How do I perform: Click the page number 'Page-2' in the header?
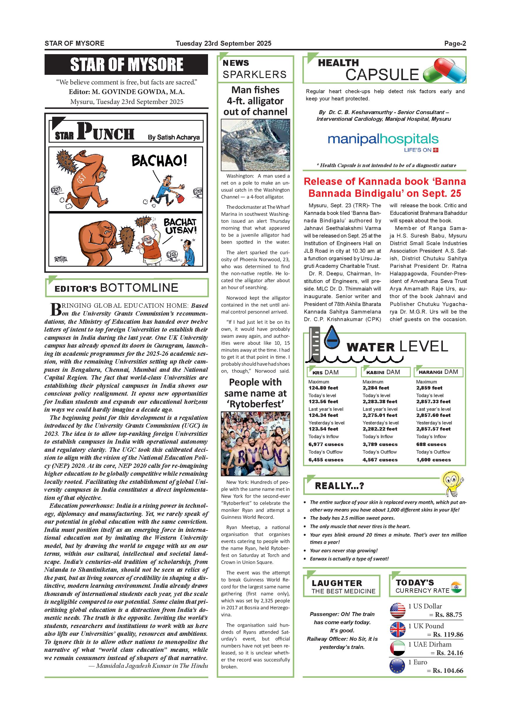pos(455,43)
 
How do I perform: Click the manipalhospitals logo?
pos(383,140)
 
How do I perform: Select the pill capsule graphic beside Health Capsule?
pos(444,72)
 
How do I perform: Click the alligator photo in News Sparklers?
pos(255,145)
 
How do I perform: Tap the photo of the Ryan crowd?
pos(255,443)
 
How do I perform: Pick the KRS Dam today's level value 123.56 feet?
pos(323,401)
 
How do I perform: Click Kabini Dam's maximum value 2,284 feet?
pos(376,388)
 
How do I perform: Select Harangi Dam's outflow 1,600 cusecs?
pos(433,460)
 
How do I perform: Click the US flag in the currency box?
pos(398,611)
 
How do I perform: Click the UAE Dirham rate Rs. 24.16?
pos(450,653)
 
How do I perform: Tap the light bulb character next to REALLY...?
pos(452,482)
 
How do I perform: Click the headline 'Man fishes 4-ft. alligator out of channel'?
pos(255,101)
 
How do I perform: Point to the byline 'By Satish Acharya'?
pos(174,137)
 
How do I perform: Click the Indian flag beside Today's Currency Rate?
pos(456,587)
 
